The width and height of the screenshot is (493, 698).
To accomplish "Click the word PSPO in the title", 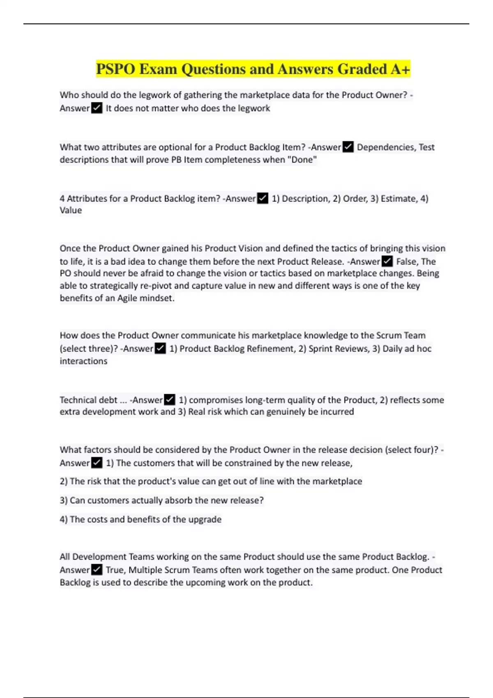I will [x=115, y=69].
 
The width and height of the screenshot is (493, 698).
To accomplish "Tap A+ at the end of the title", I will [x=400, y=69].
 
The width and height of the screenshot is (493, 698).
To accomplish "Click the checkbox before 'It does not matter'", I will [x=97, y=108].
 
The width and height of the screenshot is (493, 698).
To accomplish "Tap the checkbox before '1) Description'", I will [x=263, y=198].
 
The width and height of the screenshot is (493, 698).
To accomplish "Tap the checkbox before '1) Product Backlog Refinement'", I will [x=160, y=349].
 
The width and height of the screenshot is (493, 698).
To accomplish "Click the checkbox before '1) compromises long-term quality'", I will [x=169, y=400].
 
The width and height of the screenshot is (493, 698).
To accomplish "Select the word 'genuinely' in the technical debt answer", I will [x=286, y=412].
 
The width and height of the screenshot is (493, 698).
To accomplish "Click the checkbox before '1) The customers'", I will [x=97, y=463].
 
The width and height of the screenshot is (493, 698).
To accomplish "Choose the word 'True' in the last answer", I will [x=115, y=570].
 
